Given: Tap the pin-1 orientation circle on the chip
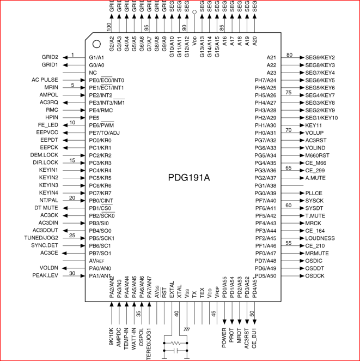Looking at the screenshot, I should click(x=96, y=44).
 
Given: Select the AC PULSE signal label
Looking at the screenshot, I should click(x=45, y=80).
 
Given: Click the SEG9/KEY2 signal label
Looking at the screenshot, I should click(x=320, y=57).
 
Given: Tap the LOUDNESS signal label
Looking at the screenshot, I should click(x=320, y=238).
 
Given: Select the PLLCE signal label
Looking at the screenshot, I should click(x=314, y=193).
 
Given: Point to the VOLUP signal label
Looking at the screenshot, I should click(x=314, y=133).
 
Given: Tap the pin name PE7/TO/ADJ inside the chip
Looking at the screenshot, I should click(x=104, y=133).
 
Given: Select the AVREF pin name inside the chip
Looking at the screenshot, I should click(x=97, y=261).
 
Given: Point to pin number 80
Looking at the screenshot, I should click(x=289, y=55).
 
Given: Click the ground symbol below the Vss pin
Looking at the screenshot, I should click(x=187, y=329).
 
